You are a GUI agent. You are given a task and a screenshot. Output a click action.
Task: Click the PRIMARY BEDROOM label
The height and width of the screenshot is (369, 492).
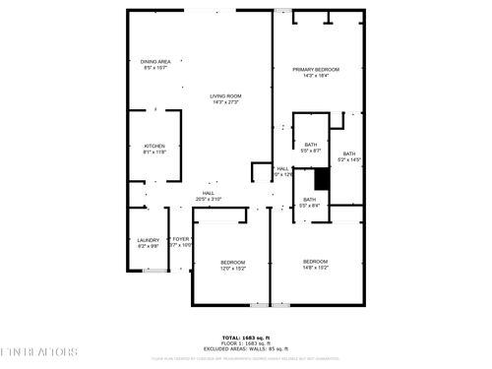[316, 69]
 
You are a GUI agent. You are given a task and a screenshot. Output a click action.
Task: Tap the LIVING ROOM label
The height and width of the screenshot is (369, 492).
[225, 95]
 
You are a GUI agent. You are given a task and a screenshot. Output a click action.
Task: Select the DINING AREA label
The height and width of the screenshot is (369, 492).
[155, 62]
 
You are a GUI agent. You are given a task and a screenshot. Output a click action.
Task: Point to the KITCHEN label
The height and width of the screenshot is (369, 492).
[155, 146]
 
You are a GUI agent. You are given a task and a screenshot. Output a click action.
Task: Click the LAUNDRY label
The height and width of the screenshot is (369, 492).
[148, 239]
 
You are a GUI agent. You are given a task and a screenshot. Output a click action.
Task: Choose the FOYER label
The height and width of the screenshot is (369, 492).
[181, 239]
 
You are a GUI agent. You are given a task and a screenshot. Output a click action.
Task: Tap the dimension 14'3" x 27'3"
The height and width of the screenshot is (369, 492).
[225, 102]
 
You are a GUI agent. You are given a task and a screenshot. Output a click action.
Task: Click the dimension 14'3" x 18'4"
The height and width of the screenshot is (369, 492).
[316, 76]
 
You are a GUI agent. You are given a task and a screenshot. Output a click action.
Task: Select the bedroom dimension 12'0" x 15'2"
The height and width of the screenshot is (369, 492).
[232, 268]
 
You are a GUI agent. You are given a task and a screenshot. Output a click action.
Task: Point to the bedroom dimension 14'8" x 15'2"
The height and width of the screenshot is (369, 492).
[316, 268]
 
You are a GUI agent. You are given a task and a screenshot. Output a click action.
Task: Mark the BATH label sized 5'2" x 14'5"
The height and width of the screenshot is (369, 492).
[348, 154]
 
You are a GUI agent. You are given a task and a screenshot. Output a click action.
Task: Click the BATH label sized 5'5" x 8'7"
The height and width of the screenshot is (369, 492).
[310, 145]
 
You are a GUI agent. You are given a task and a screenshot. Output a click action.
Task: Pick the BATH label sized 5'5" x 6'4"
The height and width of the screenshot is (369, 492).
[309, 199]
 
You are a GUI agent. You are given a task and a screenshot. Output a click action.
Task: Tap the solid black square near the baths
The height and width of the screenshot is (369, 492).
[320, 179]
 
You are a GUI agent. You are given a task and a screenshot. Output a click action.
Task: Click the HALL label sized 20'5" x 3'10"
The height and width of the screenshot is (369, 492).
[209, 193]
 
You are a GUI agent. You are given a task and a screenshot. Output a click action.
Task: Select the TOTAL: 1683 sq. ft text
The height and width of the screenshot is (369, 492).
[246, 338]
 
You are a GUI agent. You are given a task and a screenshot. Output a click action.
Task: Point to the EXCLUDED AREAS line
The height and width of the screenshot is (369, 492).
[246, 349]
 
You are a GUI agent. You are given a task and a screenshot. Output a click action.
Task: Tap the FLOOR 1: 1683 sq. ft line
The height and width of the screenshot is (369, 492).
[246, 343]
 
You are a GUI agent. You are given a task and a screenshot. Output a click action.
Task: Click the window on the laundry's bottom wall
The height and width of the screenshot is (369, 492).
[150, 272]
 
